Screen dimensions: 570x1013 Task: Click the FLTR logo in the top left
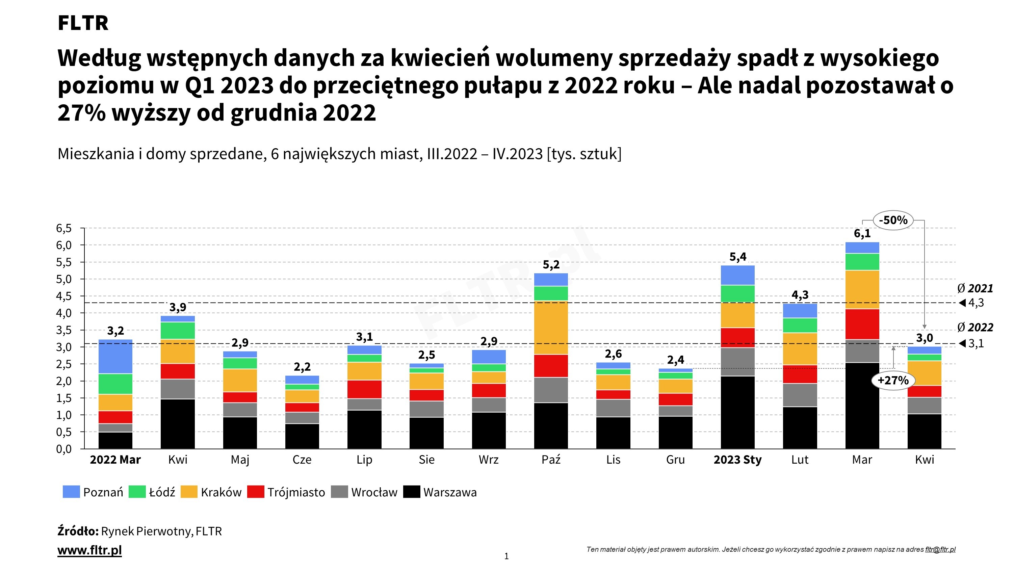(x=83, y=23)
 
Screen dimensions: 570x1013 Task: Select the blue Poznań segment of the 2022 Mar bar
(x=115, y=356)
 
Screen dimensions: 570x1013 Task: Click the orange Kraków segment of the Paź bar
(x=551, y=328)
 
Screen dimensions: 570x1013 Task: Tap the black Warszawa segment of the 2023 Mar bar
(x=862, y=405)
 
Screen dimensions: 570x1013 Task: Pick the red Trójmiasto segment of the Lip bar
(x=364, y=389)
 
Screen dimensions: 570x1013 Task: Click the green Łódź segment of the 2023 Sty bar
(x=738, y=293)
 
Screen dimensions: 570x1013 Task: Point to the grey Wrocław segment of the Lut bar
(x=800, y=395)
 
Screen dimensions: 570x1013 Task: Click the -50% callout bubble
(x=893, y=220)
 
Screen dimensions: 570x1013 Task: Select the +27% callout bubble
(x=893, y=380)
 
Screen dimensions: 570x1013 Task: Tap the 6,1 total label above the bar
(x=862, y=234)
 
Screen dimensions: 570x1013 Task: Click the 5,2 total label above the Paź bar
(x=551, y=265)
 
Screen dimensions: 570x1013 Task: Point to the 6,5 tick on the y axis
(x=64, y=228)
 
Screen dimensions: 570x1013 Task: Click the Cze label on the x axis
(x=302, y=460)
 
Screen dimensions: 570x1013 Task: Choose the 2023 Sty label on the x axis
(x=738, y=460)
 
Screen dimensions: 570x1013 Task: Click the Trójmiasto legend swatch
(x=256, y=492)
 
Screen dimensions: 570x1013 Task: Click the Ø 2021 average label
(x=975, y=289)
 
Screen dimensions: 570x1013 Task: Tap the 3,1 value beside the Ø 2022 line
(x=976, y=344)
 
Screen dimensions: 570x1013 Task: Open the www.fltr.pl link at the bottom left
(x=90, y=550)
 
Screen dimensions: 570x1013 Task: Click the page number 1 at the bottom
(x=506, y=556)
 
